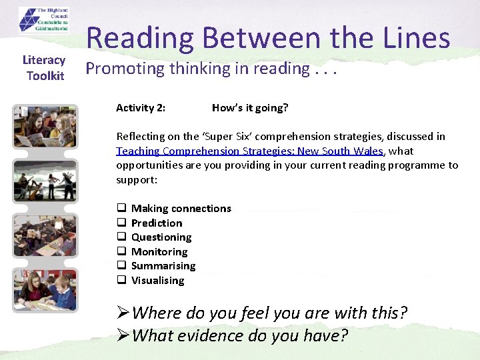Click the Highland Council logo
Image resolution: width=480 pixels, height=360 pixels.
point(45,21)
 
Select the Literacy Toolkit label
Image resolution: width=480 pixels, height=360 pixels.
point(45,68)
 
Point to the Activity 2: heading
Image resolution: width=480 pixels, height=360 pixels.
point(141,108)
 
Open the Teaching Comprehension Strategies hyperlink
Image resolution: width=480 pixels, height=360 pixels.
point(249,151)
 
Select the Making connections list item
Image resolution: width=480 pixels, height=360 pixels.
point(181,209)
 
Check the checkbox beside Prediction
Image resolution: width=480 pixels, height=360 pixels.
point(122,223)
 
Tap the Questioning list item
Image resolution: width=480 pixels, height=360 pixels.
point(161,237)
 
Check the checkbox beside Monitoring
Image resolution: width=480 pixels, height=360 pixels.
point(122,252)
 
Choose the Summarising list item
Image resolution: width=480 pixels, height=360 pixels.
point(163,266)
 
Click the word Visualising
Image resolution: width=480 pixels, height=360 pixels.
point(157,281)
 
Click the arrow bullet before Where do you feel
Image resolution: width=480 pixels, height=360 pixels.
point(123,313)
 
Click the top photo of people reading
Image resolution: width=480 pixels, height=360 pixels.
point(45,127)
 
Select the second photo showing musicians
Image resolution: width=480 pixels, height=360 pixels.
point(45,181)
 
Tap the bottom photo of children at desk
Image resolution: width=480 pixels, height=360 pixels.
point(45,289)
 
